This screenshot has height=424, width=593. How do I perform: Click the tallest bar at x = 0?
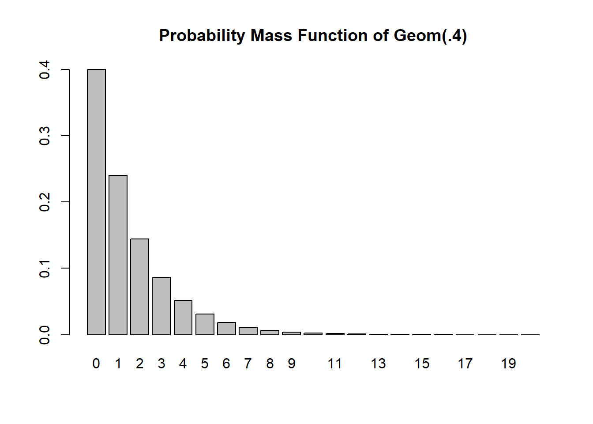click(96, 202)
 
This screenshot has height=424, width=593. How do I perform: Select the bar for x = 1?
click(118, 255)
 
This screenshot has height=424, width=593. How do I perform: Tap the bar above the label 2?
click(139, 287)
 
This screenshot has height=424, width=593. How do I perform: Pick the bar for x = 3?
click(161, 306)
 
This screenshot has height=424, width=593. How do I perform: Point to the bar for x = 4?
click(183, 317)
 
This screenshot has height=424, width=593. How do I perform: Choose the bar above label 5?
click(205, 324)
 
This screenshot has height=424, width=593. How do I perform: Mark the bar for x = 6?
click(226, 329)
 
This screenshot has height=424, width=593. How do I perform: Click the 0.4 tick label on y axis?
click(45, 70)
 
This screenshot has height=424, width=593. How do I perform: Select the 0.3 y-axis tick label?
click(45, 136)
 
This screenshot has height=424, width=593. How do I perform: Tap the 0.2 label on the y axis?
click(45, 202)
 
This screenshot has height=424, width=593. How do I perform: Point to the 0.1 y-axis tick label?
click(45, 268)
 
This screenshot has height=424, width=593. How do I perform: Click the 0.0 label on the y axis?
click(45, 334)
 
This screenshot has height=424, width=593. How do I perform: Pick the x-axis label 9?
click(291, 363)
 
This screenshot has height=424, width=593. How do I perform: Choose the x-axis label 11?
click(334, 363)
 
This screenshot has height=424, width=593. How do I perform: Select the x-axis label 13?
click(378, 363)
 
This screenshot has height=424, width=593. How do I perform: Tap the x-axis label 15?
click(422, 363)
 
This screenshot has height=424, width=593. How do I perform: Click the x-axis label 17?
click(465, 363)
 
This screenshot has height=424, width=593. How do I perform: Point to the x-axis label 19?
click(508, 363)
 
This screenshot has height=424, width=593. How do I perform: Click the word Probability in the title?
click(202, 35)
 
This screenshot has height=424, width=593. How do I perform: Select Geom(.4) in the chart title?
click(430, 35)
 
